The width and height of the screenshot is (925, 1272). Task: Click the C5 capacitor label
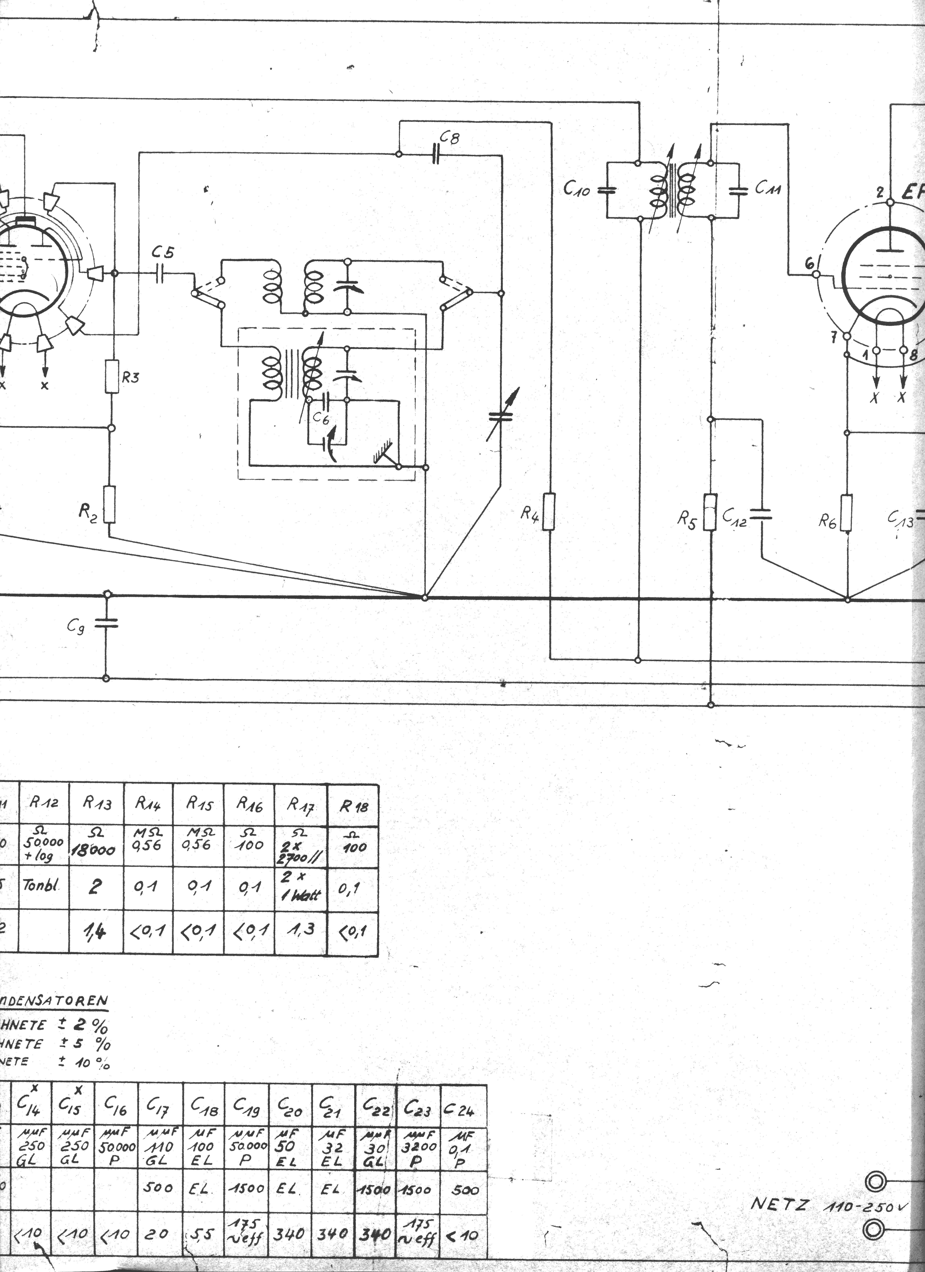[163, 253]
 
